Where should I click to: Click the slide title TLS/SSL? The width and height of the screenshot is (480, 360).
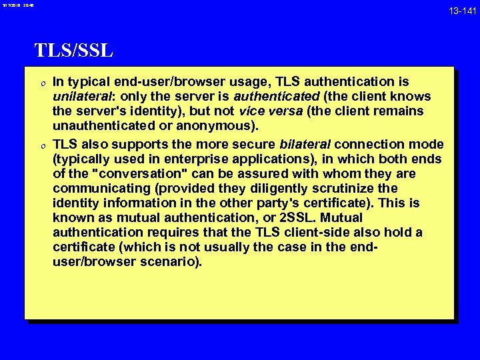click(x=73, y=50)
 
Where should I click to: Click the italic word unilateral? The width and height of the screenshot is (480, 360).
click(x=79, y=97)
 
